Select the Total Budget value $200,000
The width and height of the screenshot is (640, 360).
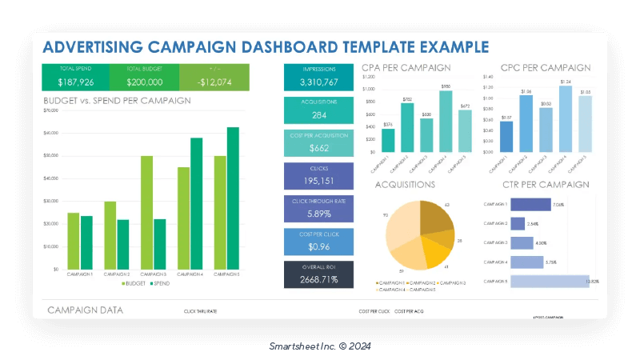pos(144,82)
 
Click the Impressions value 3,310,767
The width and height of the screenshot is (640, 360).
pos(318,82)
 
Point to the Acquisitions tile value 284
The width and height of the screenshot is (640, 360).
pos(318,115)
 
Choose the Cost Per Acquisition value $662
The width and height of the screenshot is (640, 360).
pos(318,148)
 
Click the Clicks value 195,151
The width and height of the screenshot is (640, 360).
pos(318,181)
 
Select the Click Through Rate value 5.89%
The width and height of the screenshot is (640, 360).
pos(318,214)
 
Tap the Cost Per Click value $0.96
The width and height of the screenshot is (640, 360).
pos(318,246)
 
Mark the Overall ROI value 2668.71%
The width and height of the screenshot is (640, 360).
pos(318,279)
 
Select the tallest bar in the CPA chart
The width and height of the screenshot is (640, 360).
pos(446,121)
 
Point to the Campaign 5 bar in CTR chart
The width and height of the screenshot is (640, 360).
pos(548,281)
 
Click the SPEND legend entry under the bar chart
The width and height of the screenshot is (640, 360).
pos(159,283)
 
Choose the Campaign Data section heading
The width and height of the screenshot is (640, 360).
pos(85,310)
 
